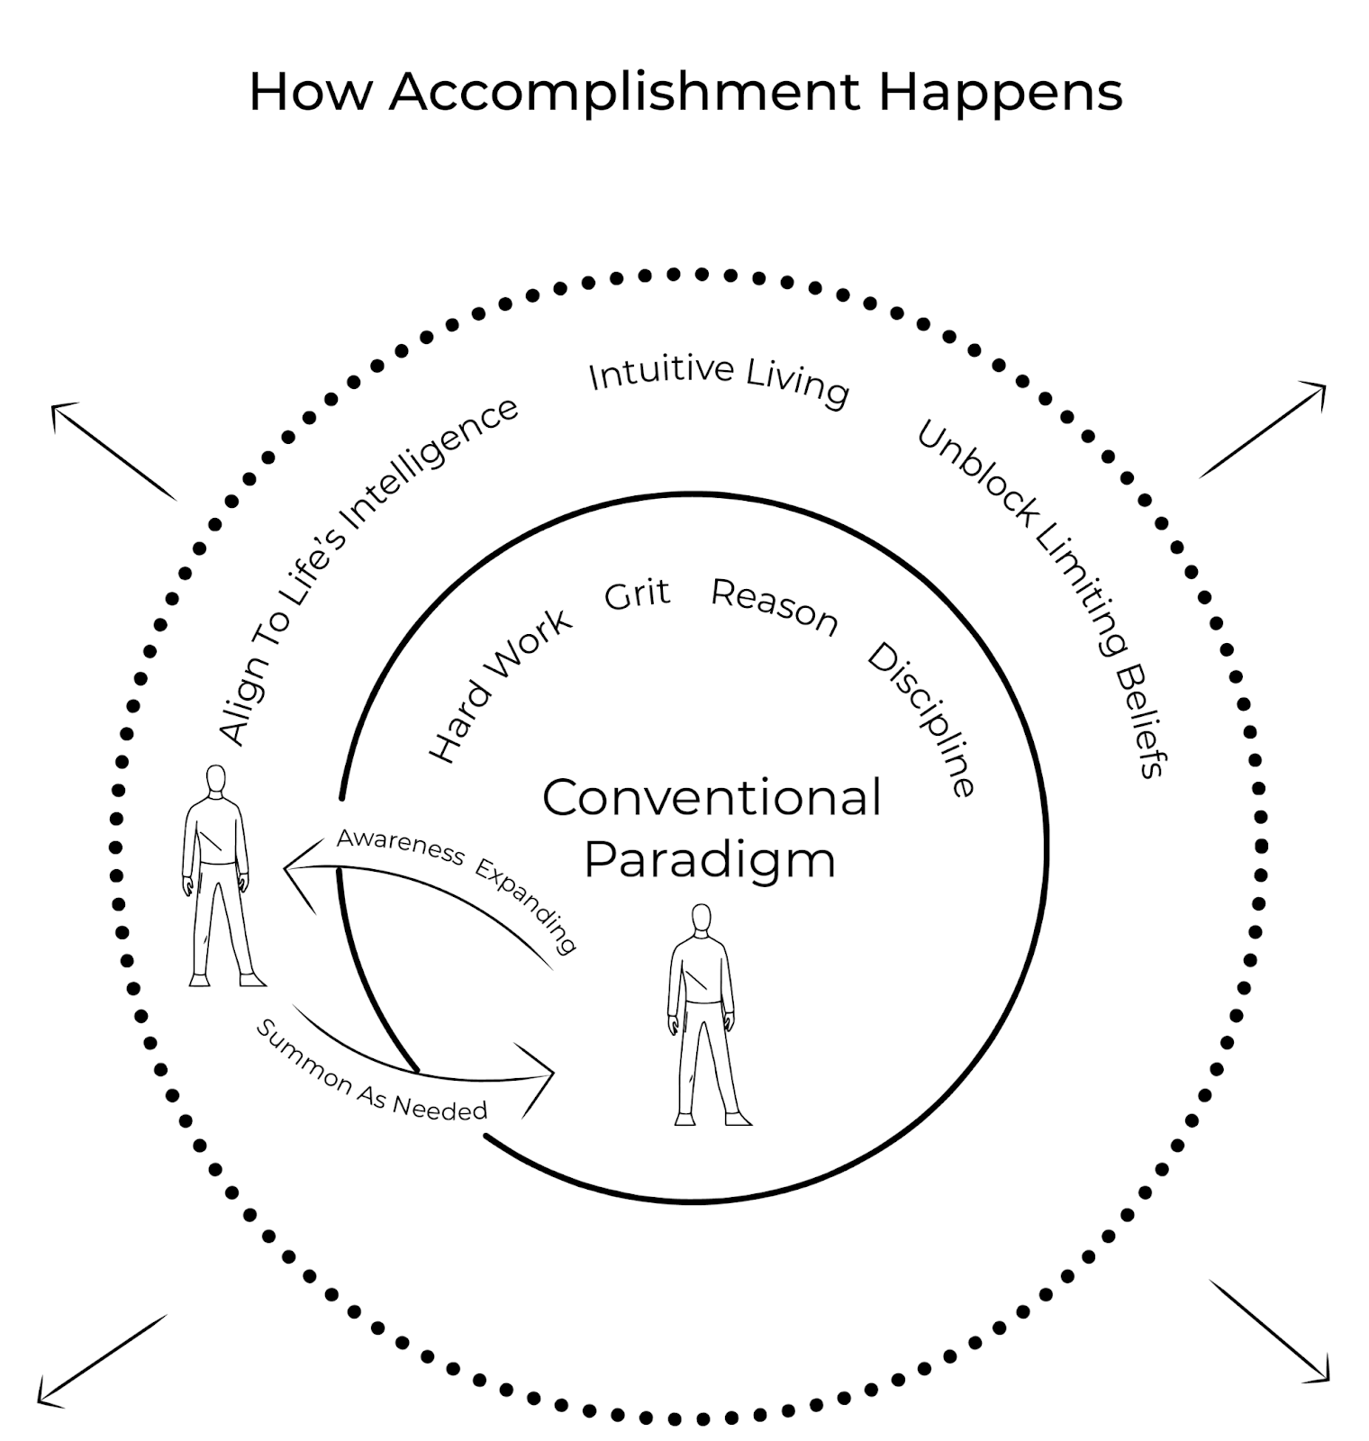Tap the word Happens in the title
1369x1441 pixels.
click(x=1001, y=93)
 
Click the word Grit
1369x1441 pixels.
click(x=638, y=595)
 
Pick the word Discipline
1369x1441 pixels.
click(x=922, y=720)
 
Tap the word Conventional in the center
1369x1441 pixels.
click(x=712, y=798)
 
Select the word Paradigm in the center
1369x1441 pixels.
click(x=710, y=859)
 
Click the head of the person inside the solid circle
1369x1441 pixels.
click(x=702, y=920)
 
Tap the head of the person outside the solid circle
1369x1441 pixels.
click(x=215, y=780)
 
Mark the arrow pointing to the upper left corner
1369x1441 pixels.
click(x=113, y=450)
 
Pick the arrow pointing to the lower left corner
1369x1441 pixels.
click(x=102, y=1360)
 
